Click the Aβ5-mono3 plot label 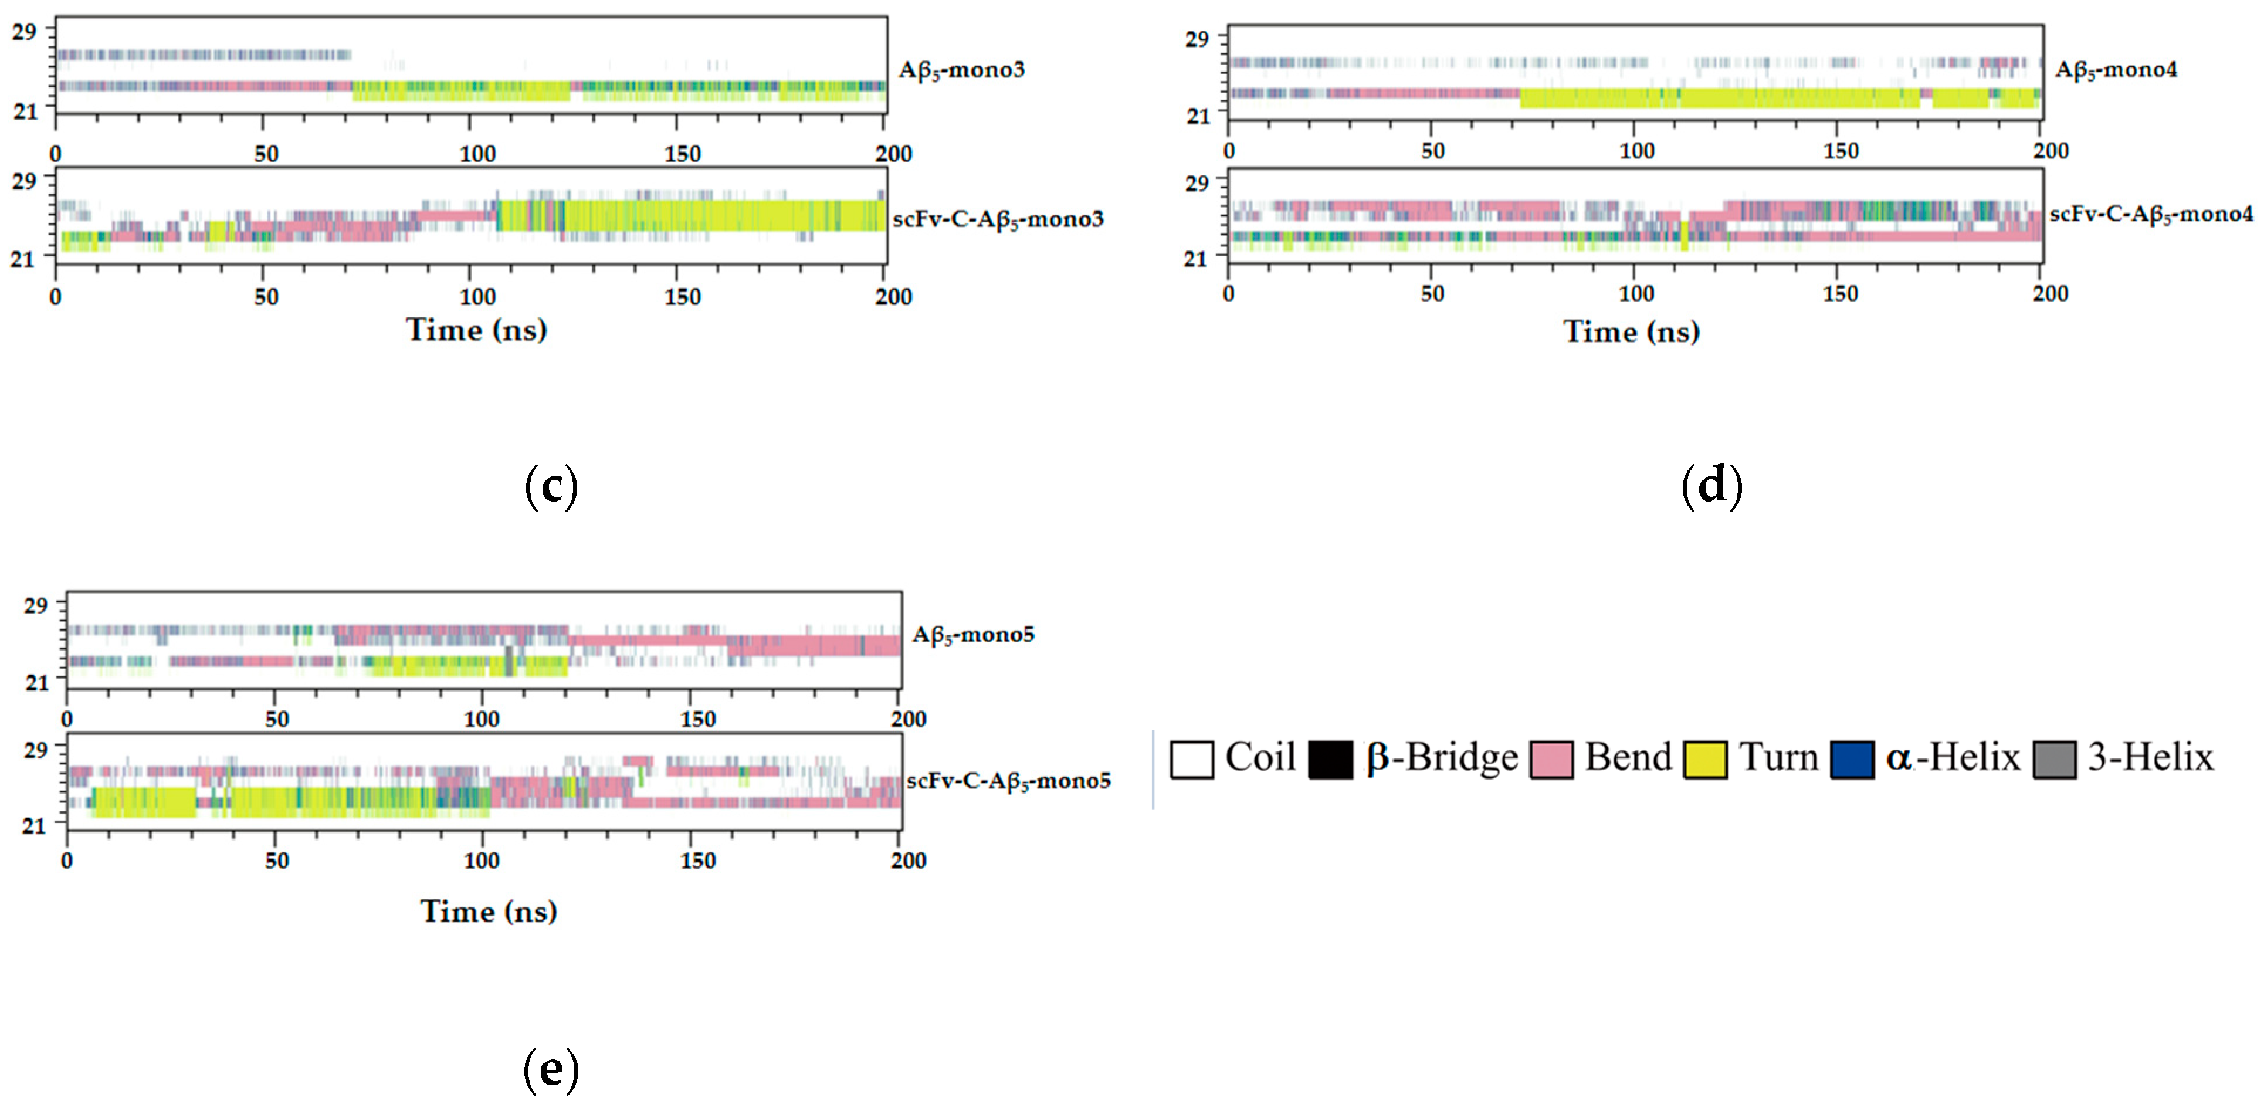coord(961,69)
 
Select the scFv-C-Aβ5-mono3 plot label coord(998,219)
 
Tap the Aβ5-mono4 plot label coord(2116,69)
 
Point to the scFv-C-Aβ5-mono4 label coord(2151,214)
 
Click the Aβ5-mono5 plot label coord(973,635)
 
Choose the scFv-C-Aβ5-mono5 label coord(1008,781)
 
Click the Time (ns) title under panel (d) coord(1631,331)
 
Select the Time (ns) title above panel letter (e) coord(489,910)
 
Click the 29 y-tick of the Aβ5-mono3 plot coord(23,32)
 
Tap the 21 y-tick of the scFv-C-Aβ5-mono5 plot coord(33,825)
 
